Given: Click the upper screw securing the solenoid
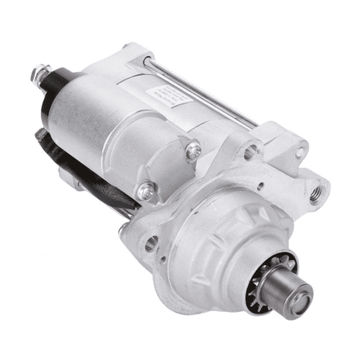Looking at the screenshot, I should [194, 150].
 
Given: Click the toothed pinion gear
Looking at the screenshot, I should [275, 275].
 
